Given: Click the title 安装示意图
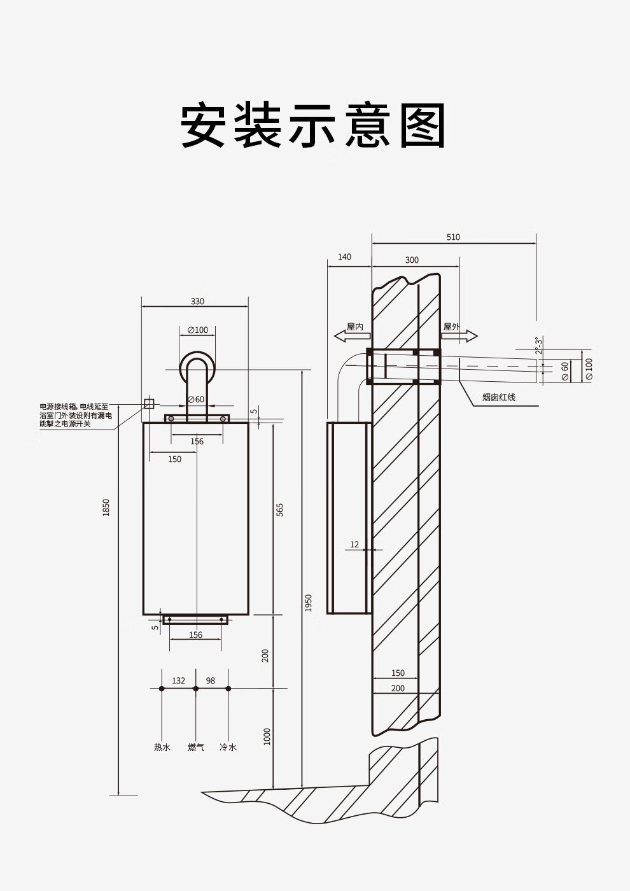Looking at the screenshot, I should (x=314, y=125).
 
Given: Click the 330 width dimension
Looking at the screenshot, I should (x=197, y=301).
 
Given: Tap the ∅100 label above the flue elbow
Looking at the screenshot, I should (x=197, y=330).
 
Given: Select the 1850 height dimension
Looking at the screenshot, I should (x=106, y=507).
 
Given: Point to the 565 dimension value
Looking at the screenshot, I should (x=279, y=510).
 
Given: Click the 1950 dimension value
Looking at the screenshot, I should (x=308, y=602).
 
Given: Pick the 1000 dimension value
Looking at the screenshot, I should (x=267, y=736).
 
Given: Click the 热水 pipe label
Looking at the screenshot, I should (x=162, y=747).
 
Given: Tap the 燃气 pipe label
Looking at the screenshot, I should (x=196, y=747).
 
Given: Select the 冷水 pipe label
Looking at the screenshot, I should (x=228, y=747).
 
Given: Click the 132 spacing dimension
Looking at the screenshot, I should (x=178, y=680).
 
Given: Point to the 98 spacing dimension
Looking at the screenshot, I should (x=211, y=680).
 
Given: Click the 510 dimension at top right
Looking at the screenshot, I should (x=453, y=237).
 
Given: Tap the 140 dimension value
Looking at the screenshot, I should (x=344, y=257).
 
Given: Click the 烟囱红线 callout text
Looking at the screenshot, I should (x=499, y=397).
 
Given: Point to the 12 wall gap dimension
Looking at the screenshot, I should (x=354, y=544).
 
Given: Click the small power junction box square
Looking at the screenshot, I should (x=149, y=403).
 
